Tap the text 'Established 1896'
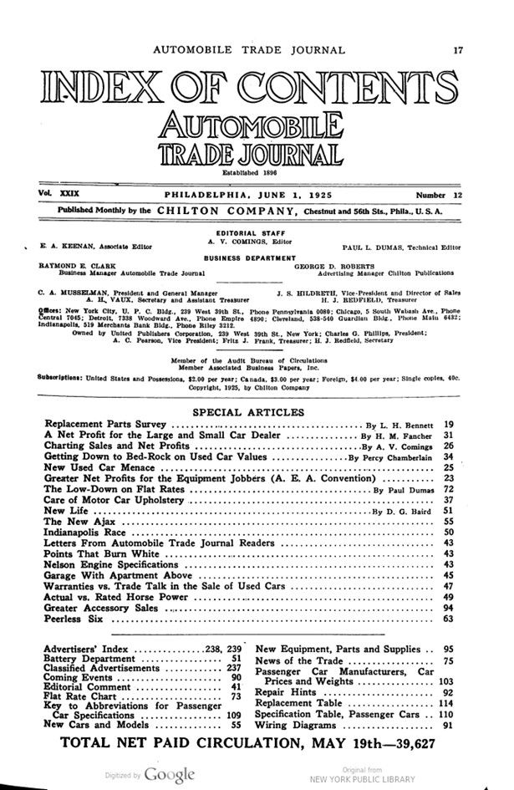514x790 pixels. [247, 173]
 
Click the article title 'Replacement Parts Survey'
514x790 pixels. [105, 425]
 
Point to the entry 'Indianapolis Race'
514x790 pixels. [89, 532]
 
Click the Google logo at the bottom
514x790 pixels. [170, 773]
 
